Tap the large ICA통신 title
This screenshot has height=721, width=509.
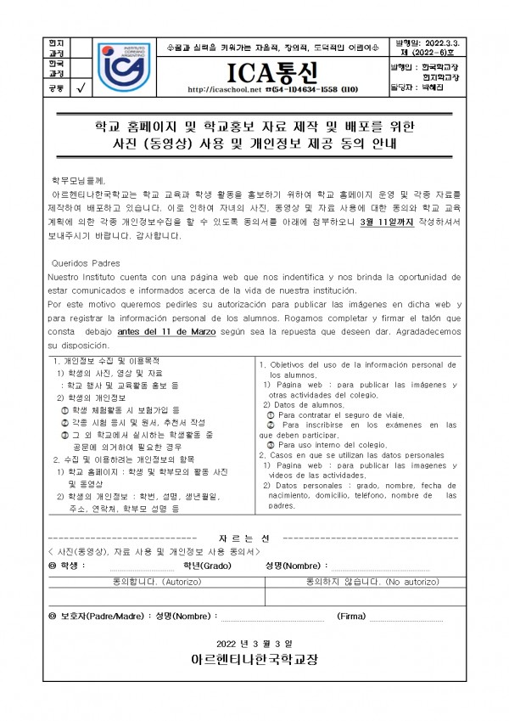tap(253, 68)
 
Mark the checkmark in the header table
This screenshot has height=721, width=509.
tap(81, 87)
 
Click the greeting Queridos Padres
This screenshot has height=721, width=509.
tap(87, 262)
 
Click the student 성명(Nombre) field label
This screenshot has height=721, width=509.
tap(294, 566)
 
